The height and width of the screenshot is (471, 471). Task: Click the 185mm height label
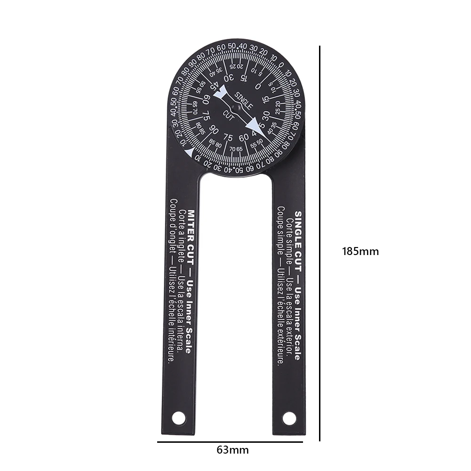pos(360,251)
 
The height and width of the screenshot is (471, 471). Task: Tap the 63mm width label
pos(232,449)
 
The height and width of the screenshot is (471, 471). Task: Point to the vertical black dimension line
pos(320,245)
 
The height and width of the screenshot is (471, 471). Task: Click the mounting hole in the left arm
pos(178,417)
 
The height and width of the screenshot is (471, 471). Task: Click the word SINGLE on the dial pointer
pos(244,100)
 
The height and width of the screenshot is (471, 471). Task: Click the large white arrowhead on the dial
pos(253,125)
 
